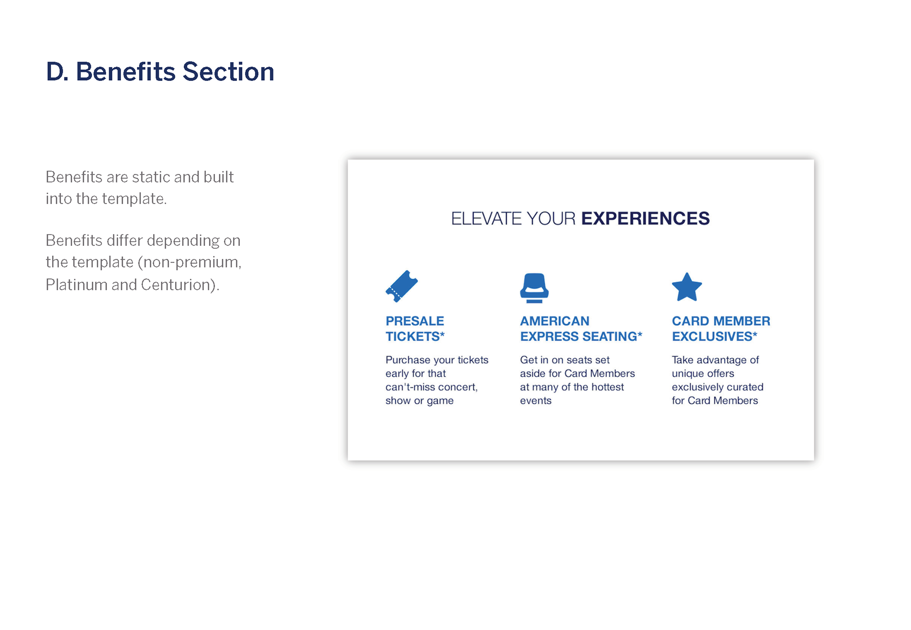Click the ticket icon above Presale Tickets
[x=401, y=286]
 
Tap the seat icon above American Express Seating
[x=534, y=288]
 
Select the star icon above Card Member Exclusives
[x=687, y=287]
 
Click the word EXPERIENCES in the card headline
[x=645, y=218]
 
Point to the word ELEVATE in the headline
[x=486, y=218]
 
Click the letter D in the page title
[x=55, y=72]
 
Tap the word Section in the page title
[x=228, y=72]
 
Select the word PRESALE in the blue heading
[x=415, y=321]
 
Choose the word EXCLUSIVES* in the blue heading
[x=715, y=336]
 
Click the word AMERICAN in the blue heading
[x=555, y=321]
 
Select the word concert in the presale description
[x=458, y=387]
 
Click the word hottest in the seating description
[x=607, y=387]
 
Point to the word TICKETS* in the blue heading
[x=415, y=336]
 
